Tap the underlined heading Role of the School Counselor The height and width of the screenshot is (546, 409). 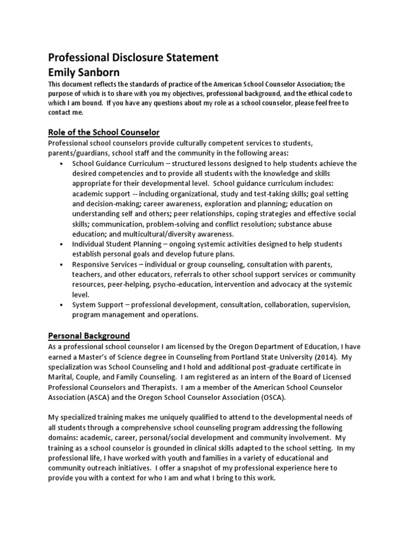tap(104, 132)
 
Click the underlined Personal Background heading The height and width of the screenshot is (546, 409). tap(89, 335)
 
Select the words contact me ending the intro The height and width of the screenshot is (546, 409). tap(66, 113)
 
